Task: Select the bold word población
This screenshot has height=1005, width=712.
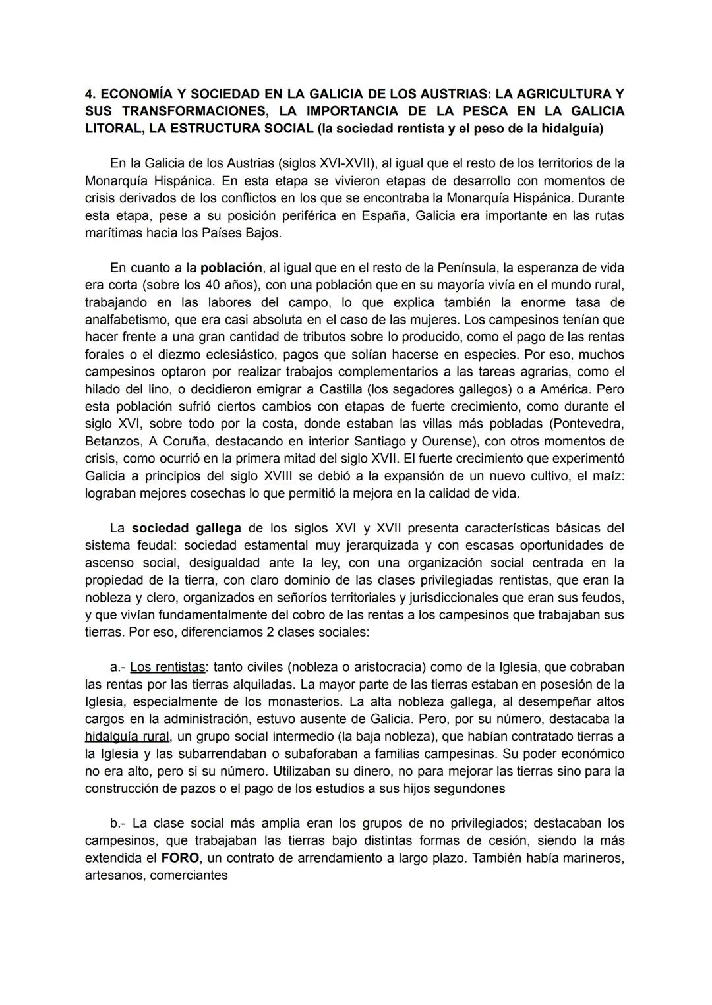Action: [231, 268]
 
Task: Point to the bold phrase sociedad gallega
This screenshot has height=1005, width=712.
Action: [187, 528]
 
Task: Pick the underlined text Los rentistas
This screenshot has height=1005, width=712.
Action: [167, 667]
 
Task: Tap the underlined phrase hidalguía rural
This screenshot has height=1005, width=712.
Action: [127, 736]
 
